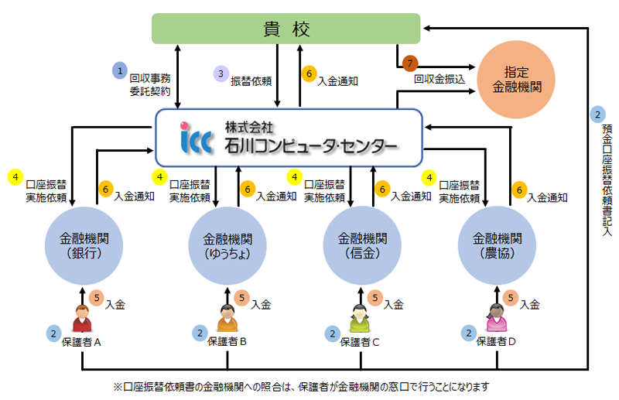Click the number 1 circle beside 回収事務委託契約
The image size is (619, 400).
pos(119,70)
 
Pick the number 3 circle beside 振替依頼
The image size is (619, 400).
pos(221,74)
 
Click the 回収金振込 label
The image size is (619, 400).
pos(439,79)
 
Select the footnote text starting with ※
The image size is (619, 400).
pos(302,385)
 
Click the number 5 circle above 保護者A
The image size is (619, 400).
pos(96,296)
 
